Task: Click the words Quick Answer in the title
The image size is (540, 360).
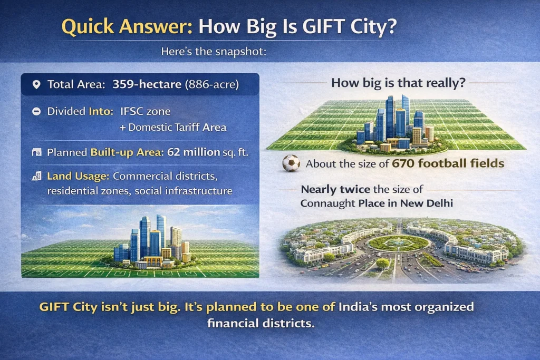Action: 127,27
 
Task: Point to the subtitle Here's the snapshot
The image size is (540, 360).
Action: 214,52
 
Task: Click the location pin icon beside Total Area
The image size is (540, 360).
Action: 36,85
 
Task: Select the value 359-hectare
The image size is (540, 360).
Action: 147,84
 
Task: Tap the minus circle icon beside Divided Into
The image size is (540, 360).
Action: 36,111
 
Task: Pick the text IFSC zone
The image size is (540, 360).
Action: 146,111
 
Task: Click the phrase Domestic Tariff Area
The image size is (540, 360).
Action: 177,128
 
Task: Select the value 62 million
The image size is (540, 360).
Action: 194,152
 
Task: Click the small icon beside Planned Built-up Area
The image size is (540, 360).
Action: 36,152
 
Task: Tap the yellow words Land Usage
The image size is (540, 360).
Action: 78,176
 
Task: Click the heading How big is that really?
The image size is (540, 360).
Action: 398,83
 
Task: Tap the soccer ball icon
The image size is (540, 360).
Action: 291,163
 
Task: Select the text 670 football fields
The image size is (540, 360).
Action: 448,163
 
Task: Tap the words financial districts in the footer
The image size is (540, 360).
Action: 261,323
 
